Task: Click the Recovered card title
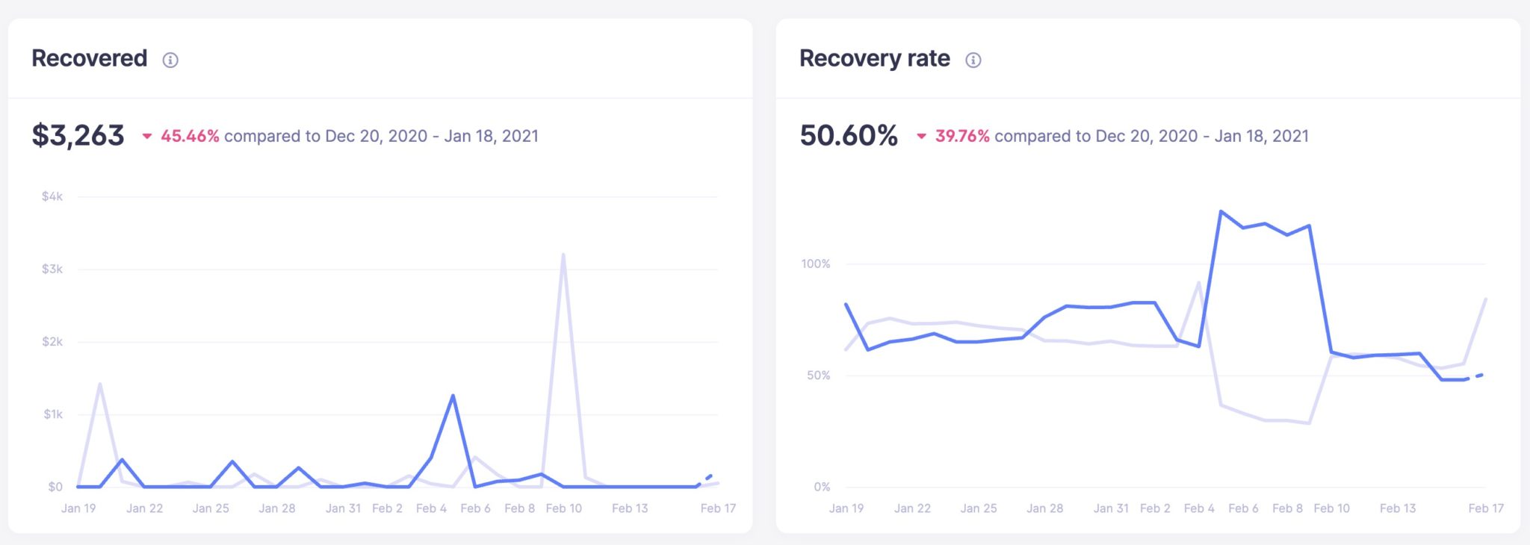point(89,58)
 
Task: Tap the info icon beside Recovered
point(170,60)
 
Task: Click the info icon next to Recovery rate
point(973,60)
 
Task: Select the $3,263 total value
point(78,135)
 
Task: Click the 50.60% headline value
point(849,135)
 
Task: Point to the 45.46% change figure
point(190,136)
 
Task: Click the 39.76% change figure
point(962,136)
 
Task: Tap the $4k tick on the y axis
point(52,196)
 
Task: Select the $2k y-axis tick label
point(52,341)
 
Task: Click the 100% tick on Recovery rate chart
point(815,264)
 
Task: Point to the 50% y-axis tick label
point(818,375)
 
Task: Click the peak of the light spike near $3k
point(563,255)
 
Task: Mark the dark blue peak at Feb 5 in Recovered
point(453,396)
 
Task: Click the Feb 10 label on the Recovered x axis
point(563,508)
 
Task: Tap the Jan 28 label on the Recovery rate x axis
point(1044,508)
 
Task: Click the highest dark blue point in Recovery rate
point(1221,211)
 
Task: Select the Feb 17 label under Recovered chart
point(718,508)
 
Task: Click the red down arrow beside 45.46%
point(147,136)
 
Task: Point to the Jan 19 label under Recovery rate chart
point(846,508)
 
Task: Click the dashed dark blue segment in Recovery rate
point(1476,376)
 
